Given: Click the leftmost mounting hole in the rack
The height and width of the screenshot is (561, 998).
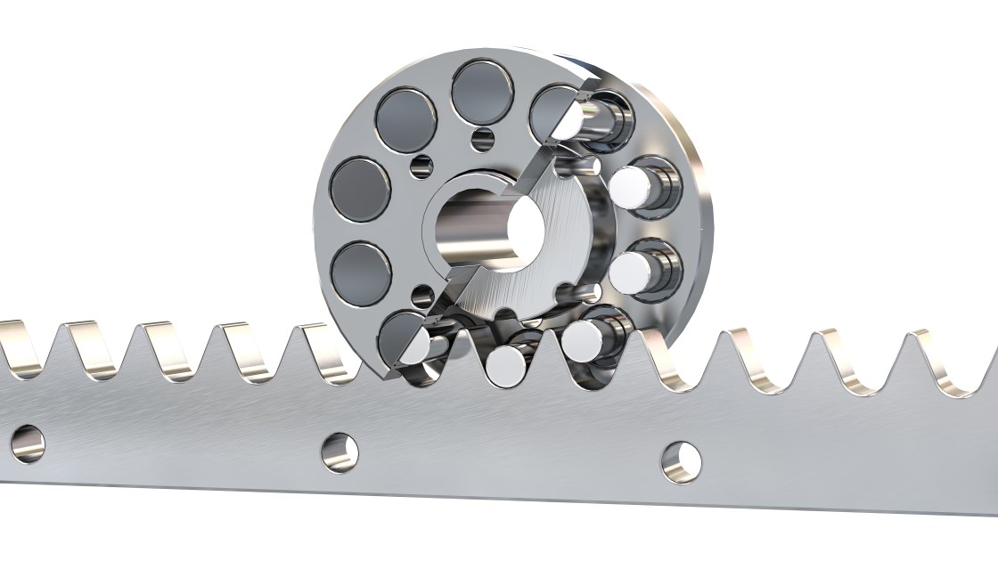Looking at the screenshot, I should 27,443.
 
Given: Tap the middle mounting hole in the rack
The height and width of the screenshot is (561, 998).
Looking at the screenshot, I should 339,452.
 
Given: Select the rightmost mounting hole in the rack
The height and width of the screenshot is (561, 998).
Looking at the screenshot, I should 681,462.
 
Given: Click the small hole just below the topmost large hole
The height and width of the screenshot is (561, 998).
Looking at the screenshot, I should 484,139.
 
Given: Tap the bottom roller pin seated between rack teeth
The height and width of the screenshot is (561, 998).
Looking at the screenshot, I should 506,365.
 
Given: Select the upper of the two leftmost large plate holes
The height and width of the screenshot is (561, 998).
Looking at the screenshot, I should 360,190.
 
